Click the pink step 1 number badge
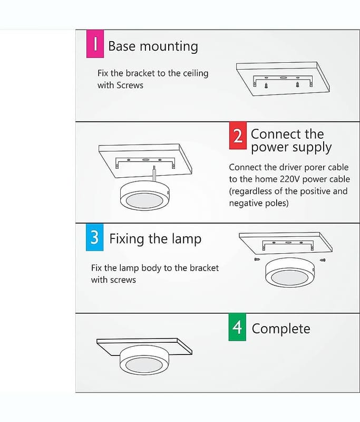click(x=95, y=44)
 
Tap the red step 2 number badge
click(x=238, y=136)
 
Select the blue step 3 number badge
click(x=95, y=237)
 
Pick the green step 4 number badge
click(x=237, y=327)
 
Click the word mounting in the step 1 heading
click(x=169, y=47)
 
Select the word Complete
click(x=281, y=329)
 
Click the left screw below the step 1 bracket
click(x=266, y=86)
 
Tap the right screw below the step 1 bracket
click(x=297, y=84)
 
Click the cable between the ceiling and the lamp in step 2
click(x=154, y=174)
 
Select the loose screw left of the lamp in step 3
click(x=257, y=260)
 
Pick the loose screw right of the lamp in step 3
click(x=323, y=260)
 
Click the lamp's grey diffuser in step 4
click(x=144, y=364)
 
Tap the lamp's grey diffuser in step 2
click(x=144, y=200)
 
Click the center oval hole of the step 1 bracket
click(x=283, y=78)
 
